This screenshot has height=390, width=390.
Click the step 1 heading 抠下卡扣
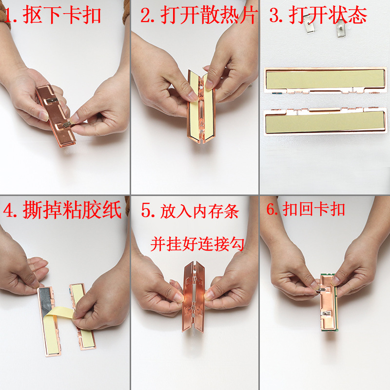pos(62,16)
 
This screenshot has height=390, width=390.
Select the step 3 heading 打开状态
pos(328,15)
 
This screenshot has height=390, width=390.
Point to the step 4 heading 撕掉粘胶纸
pos(72,210)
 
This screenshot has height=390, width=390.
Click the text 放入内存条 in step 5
pos(199,212)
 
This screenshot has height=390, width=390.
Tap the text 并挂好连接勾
pos(197,244)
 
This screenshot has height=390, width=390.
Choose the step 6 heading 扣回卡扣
pos(313,209)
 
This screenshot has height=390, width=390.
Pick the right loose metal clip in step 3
pos(341,28)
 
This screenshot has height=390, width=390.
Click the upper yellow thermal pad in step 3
pos(325,79)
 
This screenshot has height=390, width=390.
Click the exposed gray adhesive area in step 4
pos(46,303)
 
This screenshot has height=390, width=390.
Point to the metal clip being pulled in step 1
pos(67,124)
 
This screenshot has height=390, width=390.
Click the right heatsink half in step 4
pos(83,316)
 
